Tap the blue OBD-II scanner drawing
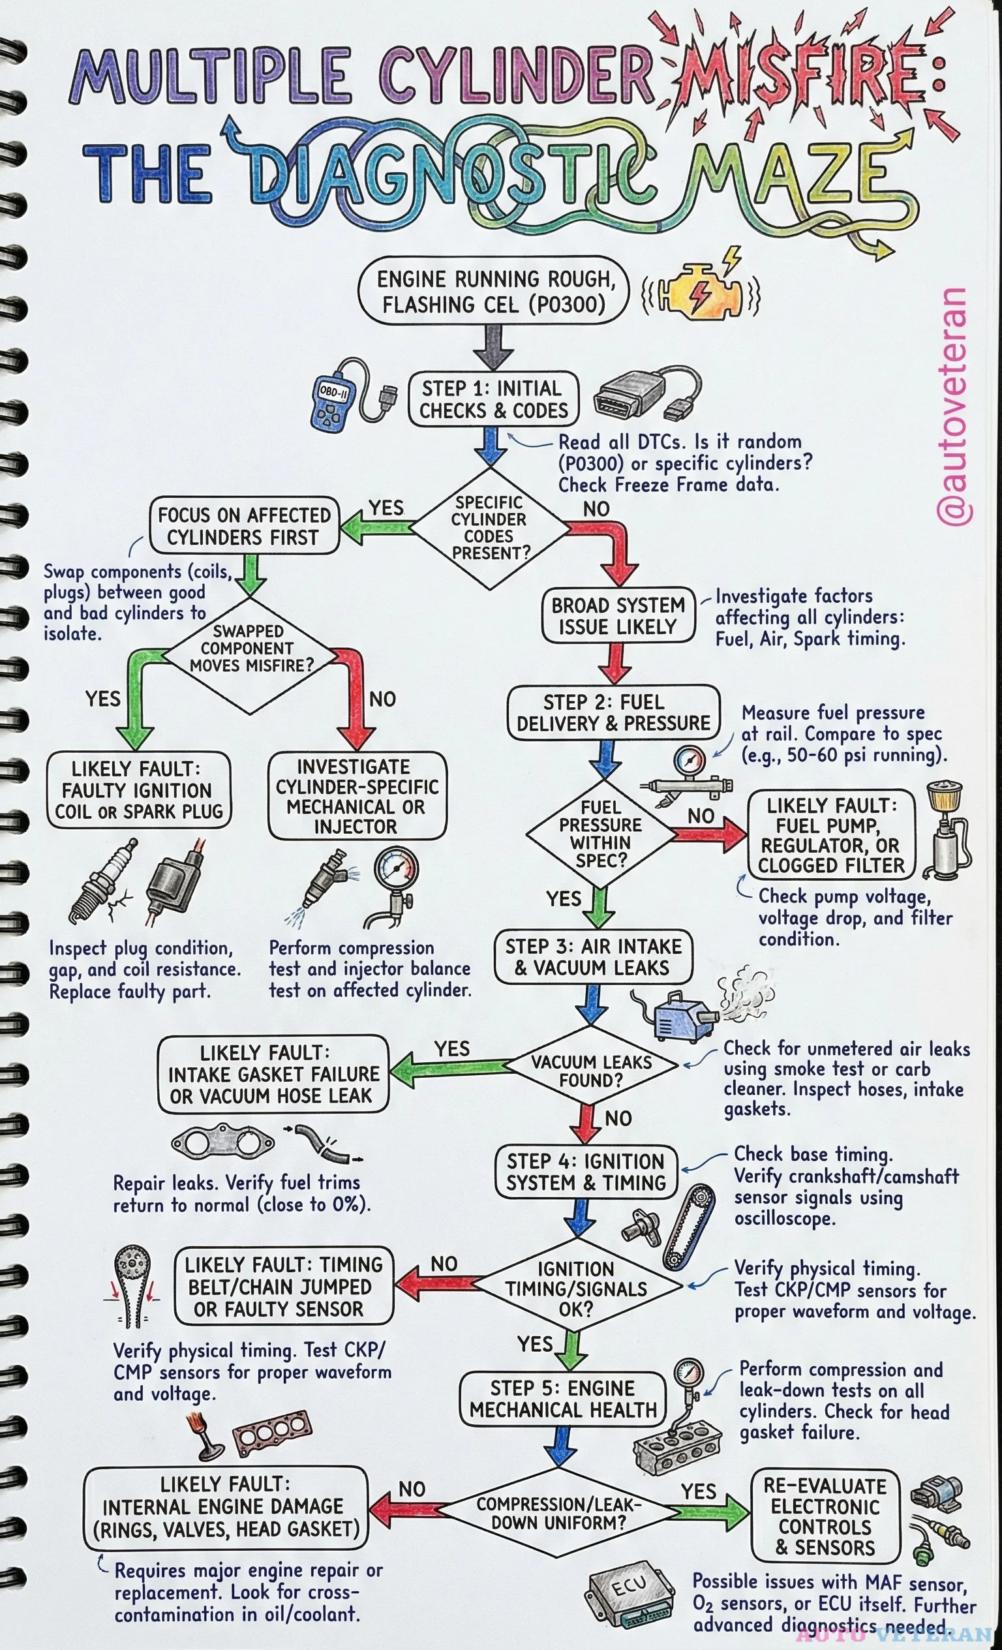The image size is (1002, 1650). point(332,400)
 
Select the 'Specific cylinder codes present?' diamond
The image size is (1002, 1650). point(490,528)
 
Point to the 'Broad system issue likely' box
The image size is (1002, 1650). point(617,616)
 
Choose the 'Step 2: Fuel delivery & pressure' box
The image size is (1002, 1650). point(613,713)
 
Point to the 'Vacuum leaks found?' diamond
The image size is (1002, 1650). point(591,1071)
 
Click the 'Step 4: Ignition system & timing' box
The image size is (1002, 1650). point(586,1172)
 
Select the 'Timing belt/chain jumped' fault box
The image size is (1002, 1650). point(284,1286)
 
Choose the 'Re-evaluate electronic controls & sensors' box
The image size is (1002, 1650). point(825,1516)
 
